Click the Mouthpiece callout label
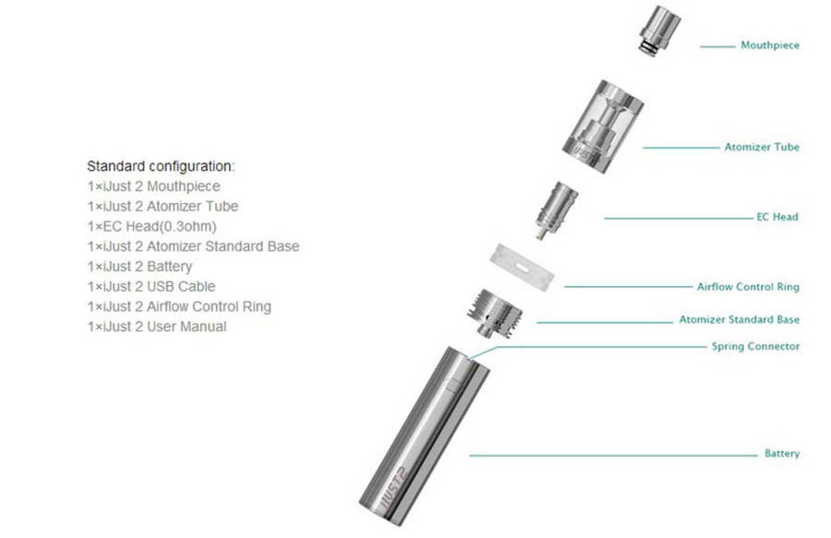769,45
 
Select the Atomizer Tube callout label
762,147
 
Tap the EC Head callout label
777,217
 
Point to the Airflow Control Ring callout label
748,287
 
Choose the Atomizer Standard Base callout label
739,320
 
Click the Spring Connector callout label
755,347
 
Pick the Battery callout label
781,454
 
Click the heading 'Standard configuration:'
161,166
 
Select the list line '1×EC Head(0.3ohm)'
152,226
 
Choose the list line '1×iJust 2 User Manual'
157,327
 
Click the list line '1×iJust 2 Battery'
140,267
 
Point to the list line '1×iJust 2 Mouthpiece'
154,186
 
